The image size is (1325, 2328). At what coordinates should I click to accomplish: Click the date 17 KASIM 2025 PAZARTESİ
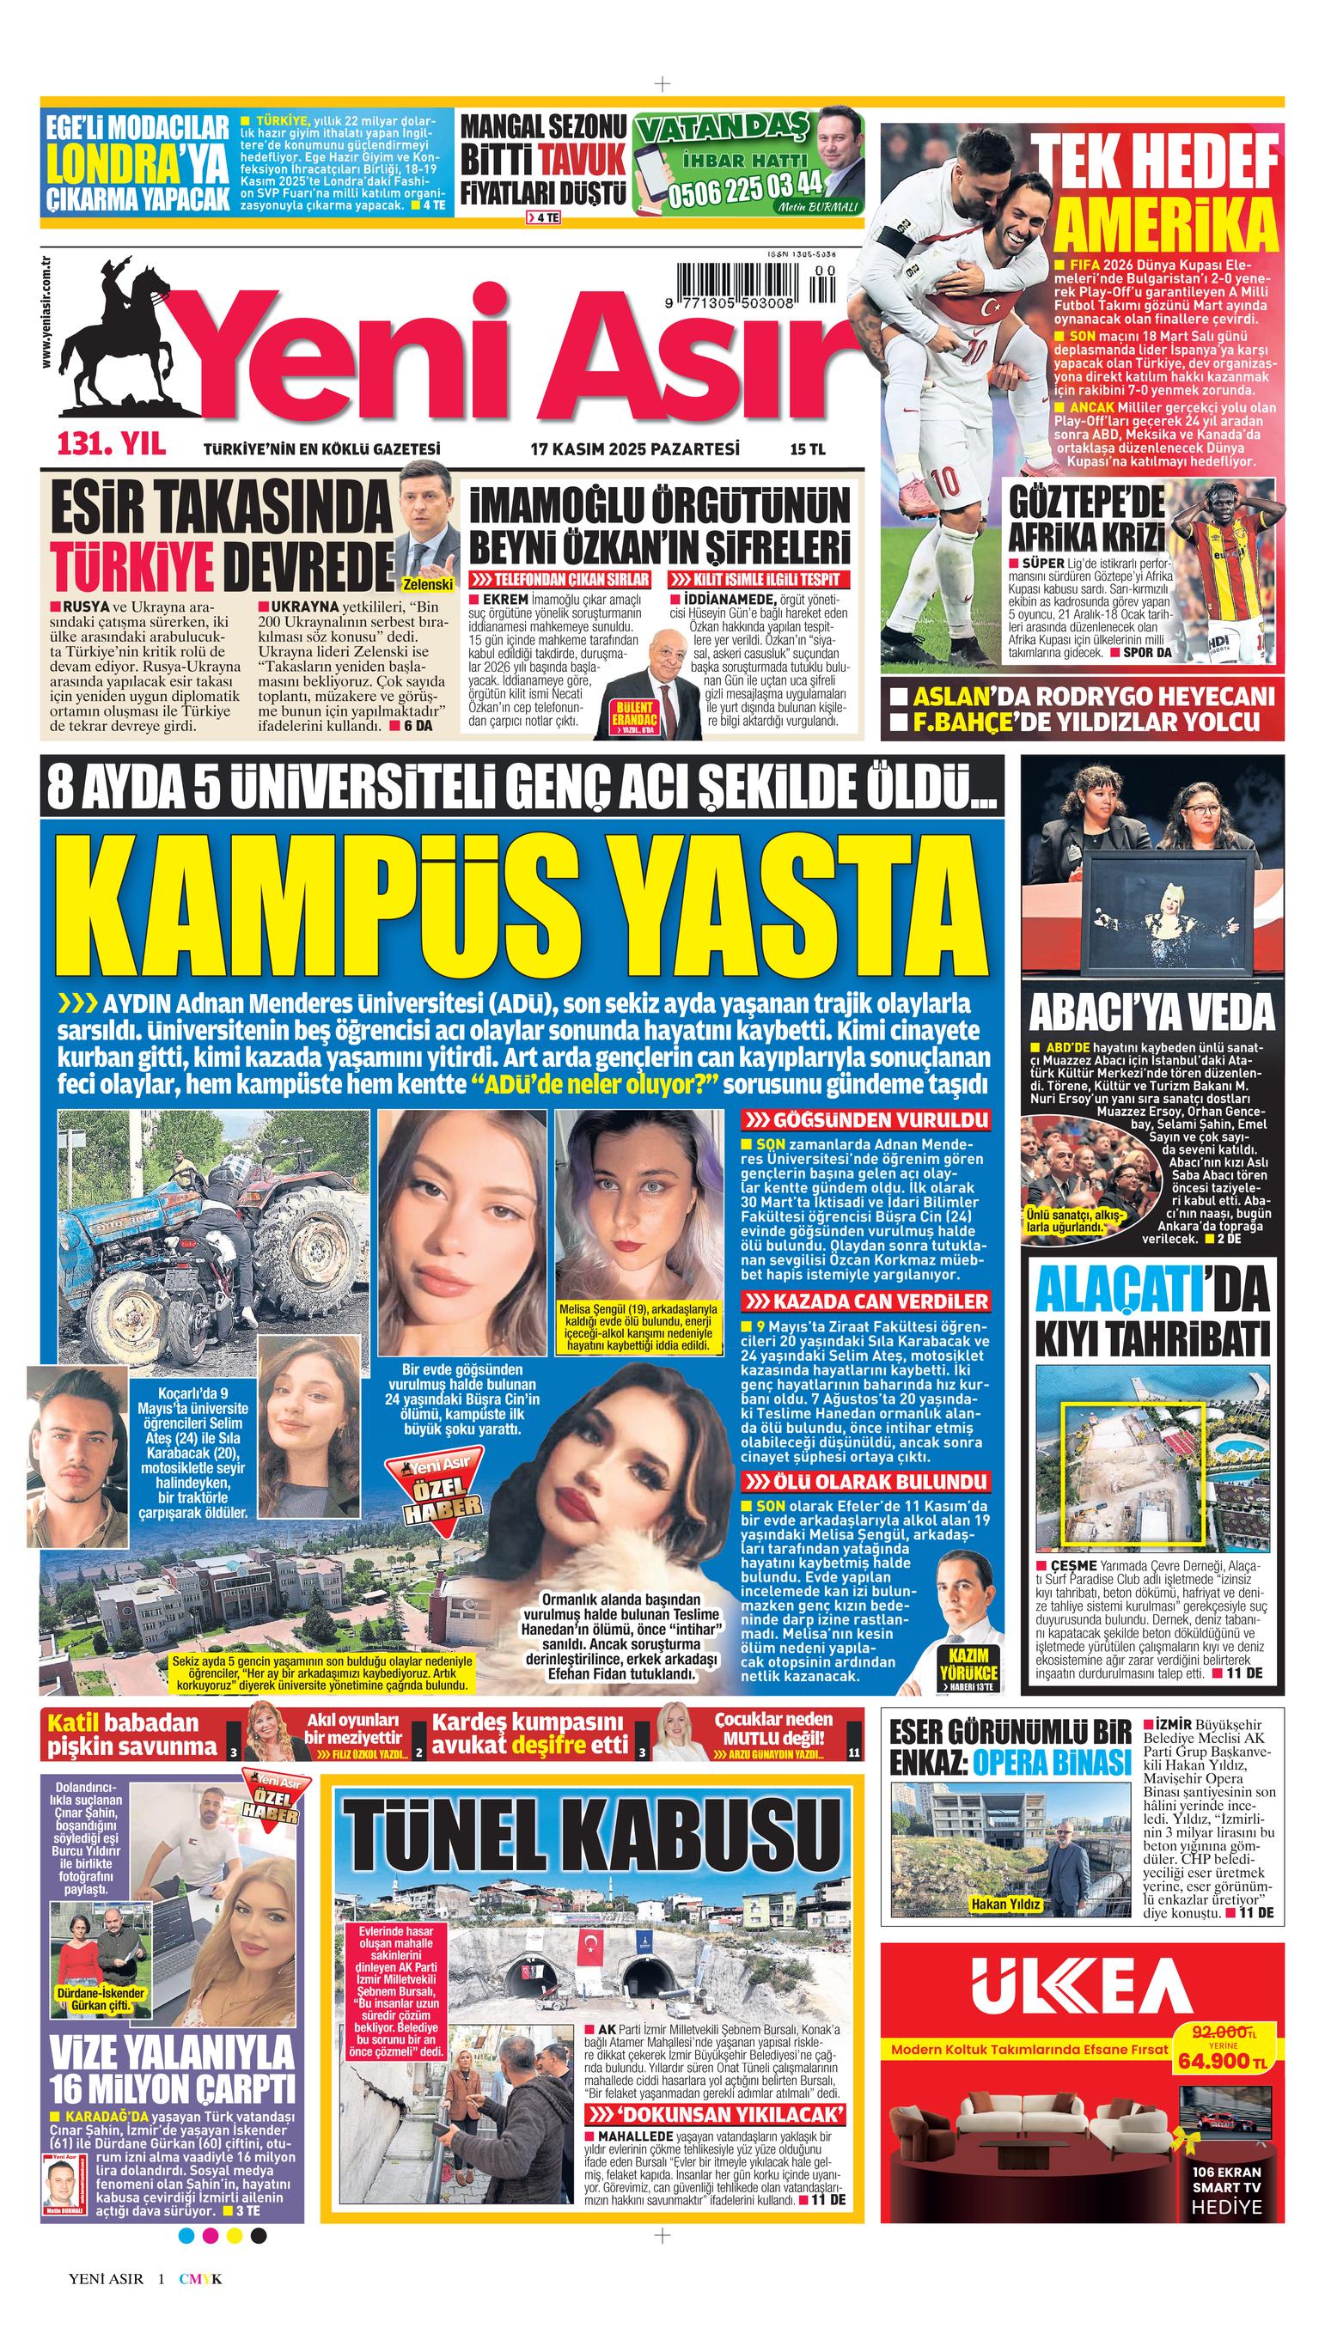point(634,448)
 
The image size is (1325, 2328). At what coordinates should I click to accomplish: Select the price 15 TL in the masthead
point(806,448)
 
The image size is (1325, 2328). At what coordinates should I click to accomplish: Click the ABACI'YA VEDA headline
point(1152,1013)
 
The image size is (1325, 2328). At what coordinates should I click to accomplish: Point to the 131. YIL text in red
point(111,446)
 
